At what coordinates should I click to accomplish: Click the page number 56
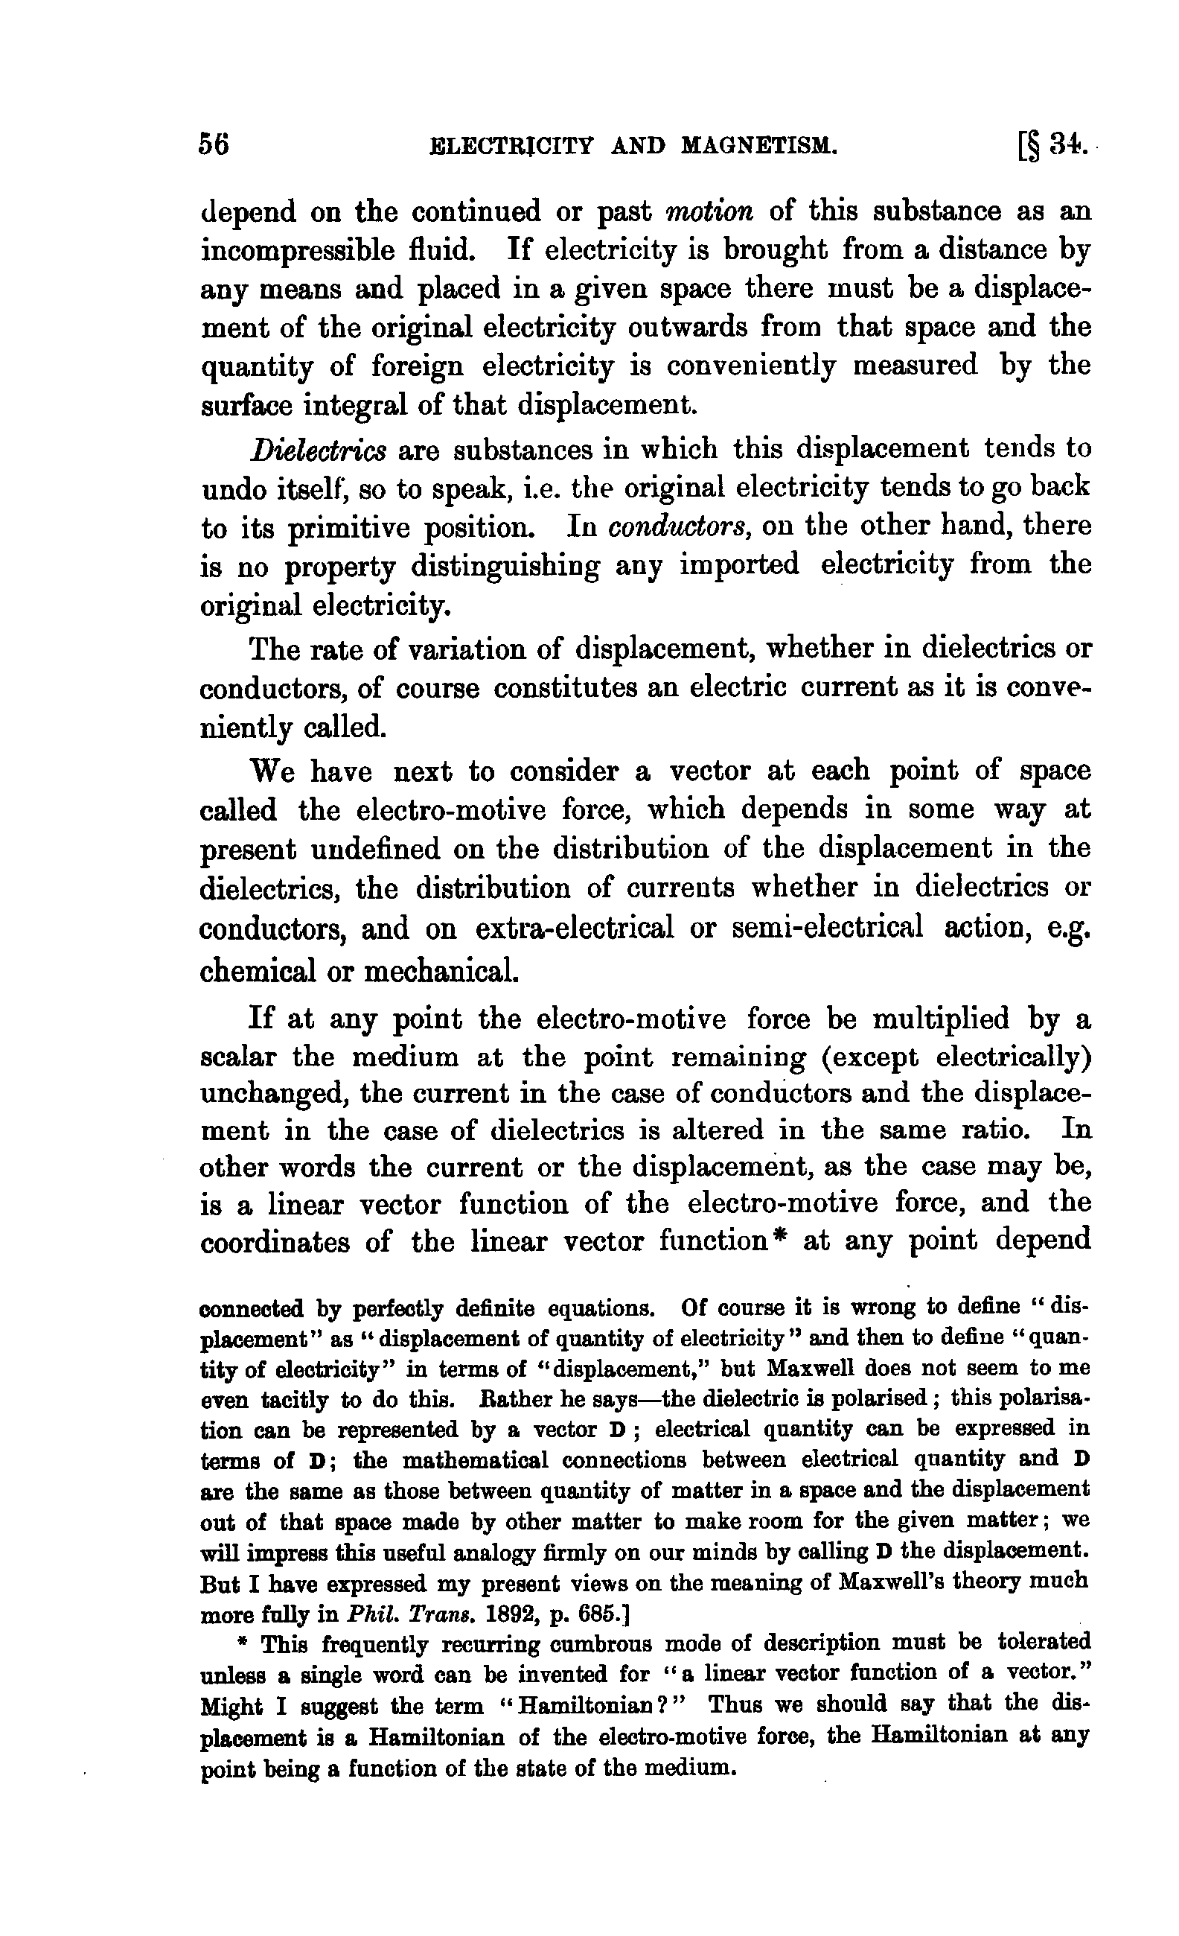tap(214, 145)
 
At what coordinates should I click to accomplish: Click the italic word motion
tap(709, 211)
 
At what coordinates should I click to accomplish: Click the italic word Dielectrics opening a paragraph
tap(317, 450)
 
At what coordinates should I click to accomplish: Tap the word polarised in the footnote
tap(895, 1398)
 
